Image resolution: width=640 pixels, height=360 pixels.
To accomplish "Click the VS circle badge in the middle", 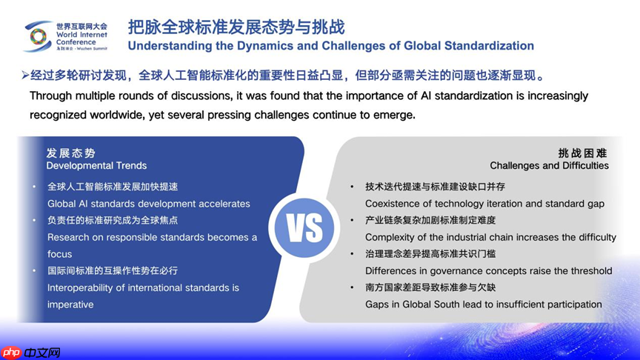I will pos(305,229).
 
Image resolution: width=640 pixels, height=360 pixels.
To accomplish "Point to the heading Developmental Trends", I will pos(96,166).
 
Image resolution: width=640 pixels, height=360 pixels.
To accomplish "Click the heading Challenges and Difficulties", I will pos(549,165).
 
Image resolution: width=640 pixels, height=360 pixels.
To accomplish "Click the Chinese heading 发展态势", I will pos(71,153).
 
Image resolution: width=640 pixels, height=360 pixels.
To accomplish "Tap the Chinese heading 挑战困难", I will pos(583,153).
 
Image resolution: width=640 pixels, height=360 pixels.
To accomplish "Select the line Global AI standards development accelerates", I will pos(149,204).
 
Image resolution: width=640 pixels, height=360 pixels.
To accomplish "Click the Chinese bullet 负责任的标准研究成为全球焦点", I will pos(113,220).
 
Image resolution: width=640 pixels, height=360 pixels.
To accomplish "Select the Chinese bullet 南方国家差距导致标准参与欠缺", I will pos(430,287).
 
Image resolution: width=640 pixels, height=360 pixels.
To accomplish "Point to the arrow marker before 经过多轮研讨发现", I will pos(25,76).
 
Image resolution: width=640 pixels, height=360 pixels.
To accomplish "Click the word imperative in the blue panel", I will pos(70,304).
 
